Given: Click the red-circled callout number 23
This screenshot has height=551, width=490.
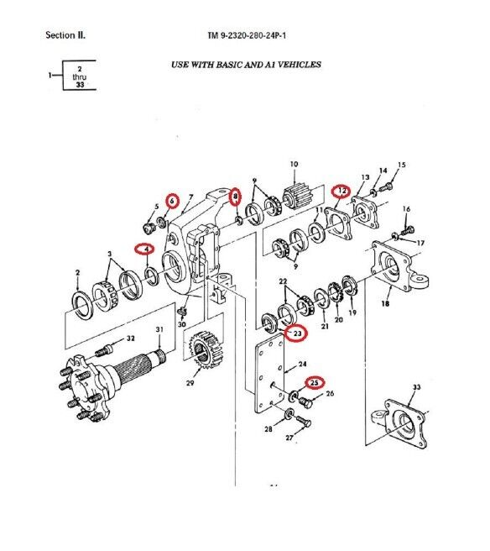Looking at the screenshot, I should (296, 333).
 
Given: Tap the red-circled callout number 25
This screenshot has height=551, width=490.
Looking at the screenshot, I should (315, 382).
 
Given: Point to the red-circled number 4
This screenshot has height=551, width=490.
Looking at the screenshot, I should (145, 249).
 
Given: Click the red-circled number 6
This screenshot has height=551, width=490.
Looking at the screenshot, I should (172, 201).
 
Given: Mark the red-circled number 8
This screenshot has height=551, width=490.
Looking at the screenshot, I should (237, 197).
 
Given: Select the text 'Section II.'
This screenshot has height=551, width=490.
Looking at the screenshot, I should (65, 36).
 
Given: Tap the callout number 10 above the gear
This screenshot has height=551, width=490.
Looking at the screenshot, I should (294, 164).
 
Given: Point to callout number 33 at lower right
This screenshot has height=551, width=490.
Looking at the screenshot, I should (415, 387).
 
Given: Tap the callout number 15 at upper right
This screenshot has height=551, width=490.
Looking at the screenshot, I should (401, 165).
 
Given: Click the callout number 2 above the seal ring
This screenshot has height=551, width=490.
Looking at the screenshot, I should (77, 273).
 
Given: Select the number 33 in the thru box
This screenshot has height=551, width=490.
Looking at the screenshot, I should (81, 85).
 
